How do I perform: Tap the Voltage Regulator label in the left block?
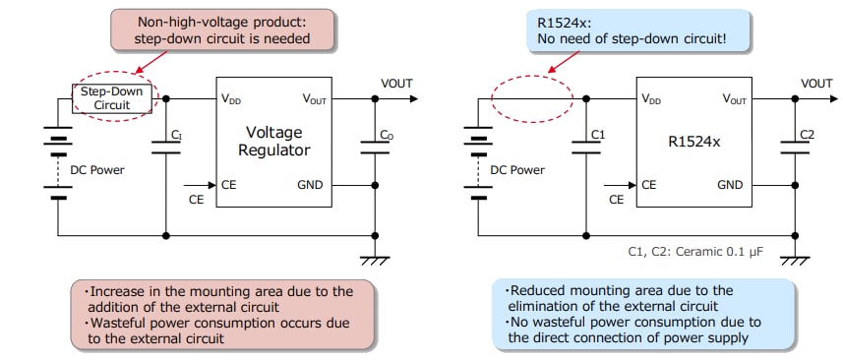(x=274, y=141)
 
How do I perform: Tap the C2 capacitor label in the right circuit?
(x=807, y=133)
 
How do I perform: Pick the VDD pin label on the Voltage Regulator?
(x=233, y=99)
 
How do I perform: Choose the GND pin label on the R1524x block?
(x=730, y=185)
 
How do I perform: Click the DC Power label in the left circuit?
(x=97, y=169)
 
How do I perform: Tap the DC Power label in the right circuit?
(x=517, y=169)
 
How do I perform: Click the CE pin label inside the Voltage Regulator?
(x=229, y=185)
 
